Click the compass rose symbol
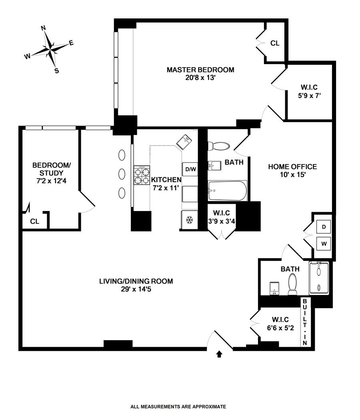[x=50, y=50]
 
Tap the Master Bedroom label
[x=200, y=70]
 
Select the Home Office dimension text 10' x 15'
[x=292, y=175]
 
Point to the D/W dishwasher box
[x=190, y=169]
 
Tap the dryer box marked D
[x=324, y=227]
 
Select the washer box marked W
[x=324, y=243]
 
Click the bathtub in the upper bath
[x=227, y=191]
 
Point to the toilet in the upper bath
[x=218, y=145]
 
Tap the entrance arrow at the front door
[x=219, y=354]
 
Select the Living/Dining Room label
[x=136, y=281]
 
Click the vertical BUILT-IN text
[x=305, y=322]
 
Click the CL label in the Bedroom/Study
[x=35, y=221]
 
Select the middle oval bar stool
[x=122, y=174]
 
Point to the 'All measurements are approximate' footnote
[x=178, y=407]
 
